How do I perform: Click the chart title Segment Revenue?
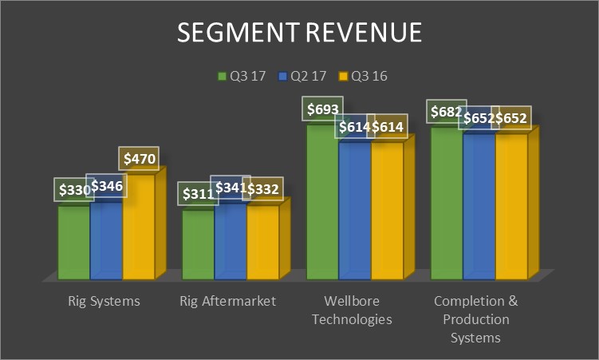299,33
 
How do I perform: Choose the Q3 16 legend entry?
363,77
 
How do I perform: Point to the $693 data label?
321,109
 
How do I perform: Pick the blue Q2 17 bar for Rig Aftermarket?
231,239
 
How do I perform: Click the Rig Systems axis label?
104,301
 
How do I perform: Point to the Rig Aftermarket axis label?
228,301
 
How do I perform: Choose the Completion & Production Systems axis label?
476,319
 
